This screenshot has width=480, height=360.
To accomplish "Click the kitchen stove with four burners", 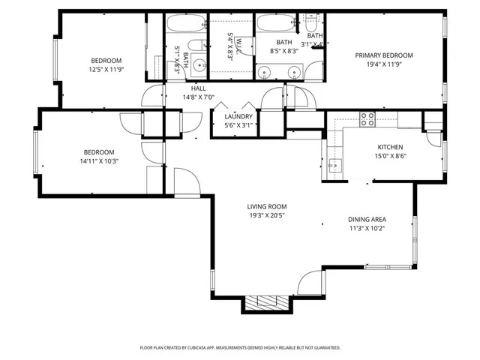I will click(367, 118).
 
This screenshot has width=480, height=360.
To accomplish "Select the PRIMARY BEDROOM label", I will click(384, 55).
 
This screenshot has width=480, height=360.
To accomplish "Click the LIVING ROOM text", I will click(267, 206).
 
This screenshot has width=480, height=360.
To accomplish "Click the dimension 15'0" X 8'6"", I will click(390, 157).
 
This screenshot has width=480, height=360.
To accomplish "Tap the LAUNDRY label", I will click(238, 116).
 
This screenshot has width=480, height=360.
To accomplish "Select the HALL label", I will click(199, 88).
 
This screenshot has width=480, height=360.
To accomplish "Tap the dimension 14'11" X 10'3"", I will click(99, 160).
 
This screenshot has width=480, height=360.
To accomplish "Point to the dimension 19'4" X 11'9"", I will click(384, 64).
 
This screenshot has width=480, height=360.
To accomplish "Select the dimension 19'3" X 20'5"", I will click(267, 216).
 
